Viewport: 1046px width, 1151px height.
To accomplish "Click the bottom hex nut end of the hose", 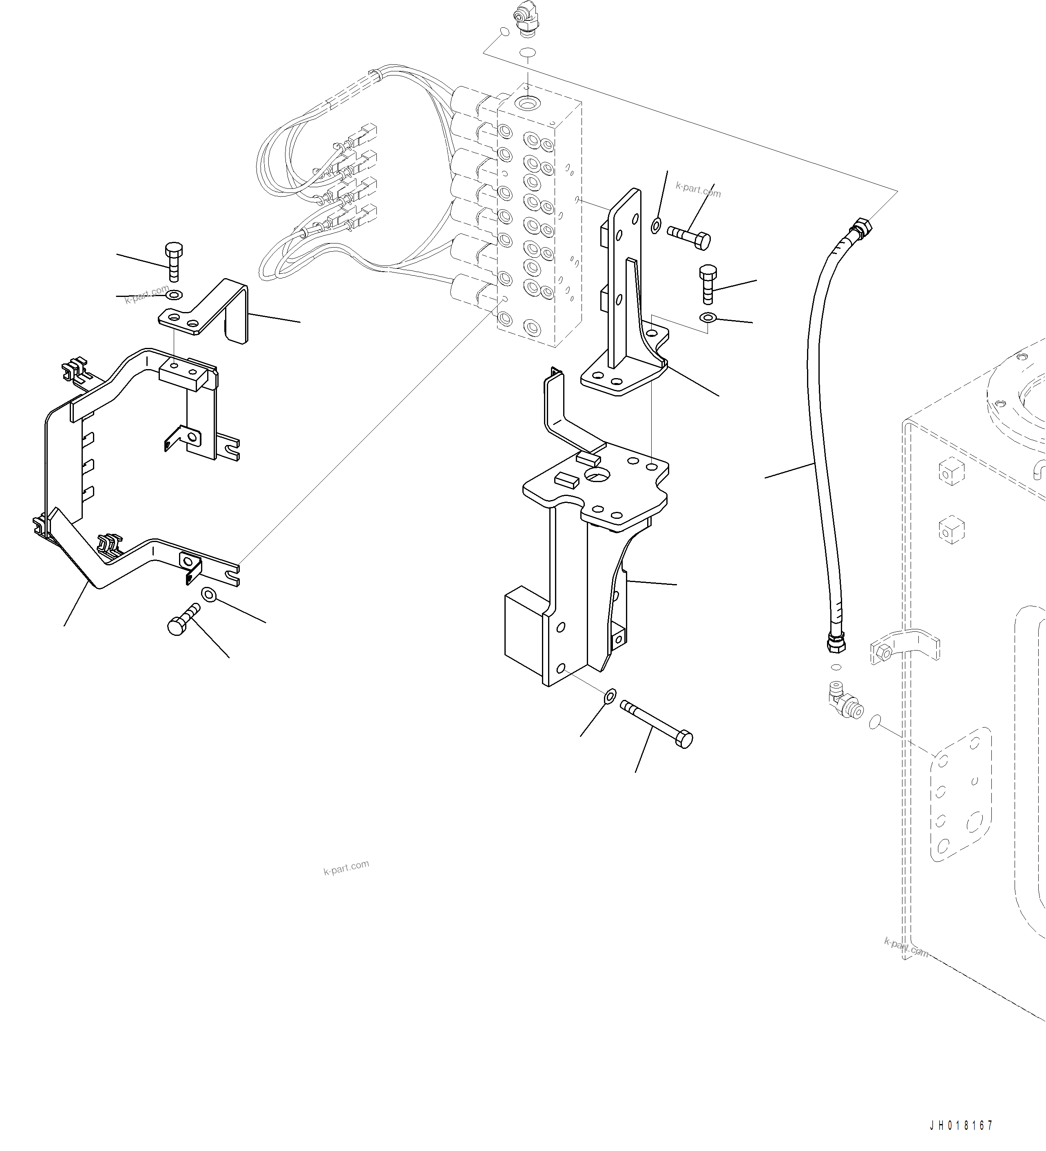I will [x=836, y=644].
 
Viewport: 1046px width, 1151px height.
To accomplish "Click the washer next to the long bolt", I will [x=610, y=695].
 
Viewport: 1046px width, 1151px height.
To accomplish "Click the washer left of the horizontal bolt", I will [x=656, y=226].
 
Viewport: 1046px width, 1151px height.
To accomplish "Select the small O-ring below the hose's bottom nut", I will [x=836, y=666].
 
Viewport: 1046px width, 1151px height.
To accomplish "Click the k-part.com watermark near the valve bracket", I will [x=698, y=190].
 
